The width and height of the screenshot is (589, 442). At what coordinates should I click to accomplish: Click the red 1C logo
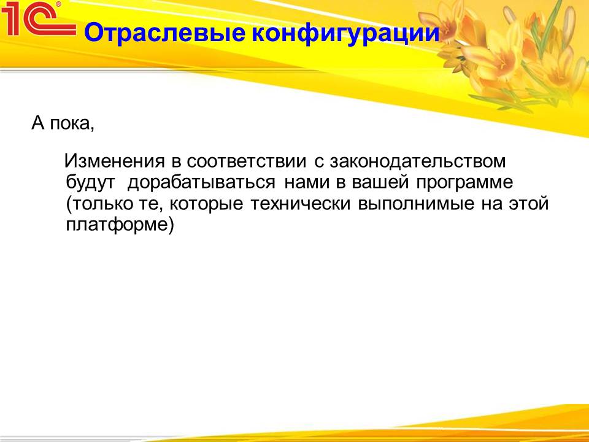pos(37,18)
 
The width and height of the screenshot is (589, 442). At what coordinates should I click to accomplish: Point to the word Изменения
pos(115,161)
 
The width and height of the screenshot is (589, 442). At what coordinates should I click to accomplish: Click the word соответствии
pos(247,161)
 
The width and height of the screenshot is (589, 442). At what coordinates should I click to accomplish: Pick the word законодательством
pos(418,161)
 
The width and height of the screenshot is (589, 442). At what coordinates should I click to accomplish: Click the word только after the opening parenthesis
pos(102,204)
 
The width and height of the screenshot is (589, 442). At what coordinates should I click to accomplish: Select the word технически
pos(301,204)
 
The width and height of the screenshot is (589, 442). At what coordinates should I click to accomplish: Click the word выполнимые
pos(416,204)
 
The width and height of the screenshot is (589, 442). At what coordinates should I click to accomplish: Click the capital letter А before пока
pos(38,123)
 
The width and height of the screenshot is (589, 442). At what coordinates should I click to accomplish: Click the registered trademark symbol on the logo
pos(58,5)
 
